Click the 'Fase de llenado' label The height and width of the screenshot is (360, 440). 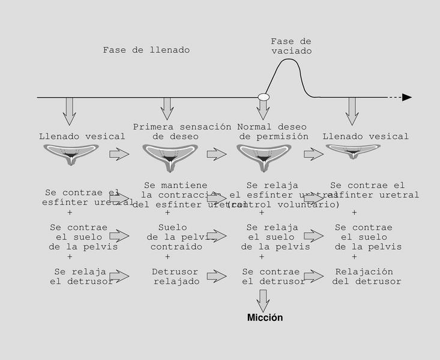point(146,50)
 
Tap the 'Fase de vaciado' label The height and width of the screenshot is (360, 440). point(291,46)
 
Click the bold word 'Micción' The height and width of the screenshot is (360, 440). point(265,317)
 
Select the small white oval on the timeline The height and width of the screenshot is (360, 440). point(263,97)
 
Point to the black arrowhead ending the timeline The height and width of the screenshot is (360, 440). point(407,97)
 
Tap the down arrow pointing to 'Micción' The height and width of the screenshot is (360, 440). point(263,299)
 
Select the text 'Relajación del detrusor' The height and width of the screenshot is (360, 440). point(366,277)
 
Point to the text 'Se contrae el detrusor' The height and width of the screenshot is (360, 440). point(274,277)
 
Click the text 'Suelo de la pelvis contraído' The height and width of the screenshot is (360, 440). point(172,237)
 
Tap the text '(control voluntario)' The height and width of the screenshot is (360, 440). point(283,205)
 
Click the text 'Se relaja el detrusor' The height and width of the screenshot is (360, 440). point(82,277)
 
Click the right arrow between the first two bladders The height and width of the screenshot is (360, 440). point(119,154)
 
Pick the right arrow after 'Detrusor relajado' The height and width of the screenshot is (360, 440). point(217,276)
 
